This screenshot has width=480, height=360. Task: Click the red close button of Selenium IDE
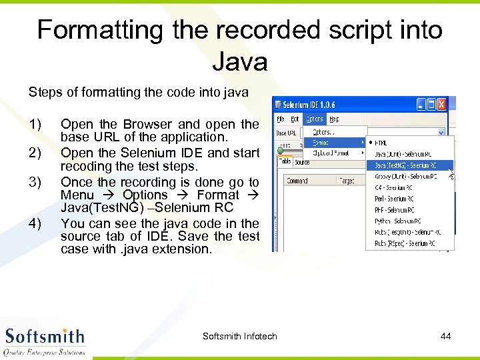[441, 105]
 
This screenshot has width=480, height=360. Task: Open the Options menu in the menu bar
[314, 119]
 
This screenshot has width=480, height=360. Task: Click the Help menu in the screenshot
[335, 119]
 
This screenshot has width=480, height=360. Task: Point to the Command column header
[297, 181]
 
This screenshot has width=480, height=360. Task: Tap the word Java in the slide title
[239, 62]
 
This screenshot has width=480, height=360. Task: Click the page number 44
[445, 336]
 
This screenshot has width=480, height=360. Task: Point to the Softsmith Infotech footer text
[239, 336]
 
